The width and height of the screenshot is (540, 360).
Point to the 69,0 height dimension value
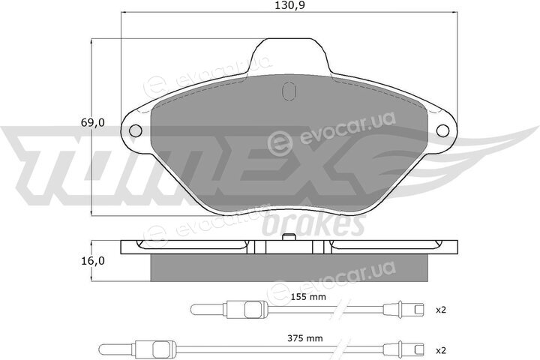[93, 122]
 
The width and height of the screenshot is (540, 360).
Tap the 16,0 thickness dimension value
[93, 261]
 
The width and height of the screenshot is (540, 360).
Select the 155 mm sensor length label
[308, 296]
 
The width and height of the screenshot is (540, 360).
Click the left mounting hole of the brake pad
[135, 130]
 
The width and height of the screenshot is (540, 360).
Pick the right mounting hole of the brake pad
[443, 130]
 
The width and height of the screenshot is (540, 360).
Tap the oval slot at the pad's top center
[289, 91]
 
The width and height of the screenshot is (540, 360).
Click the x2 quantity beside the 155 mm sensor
[441, 310]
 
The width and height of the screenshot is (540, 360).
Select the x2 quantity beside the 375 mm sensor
[441, 351]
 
